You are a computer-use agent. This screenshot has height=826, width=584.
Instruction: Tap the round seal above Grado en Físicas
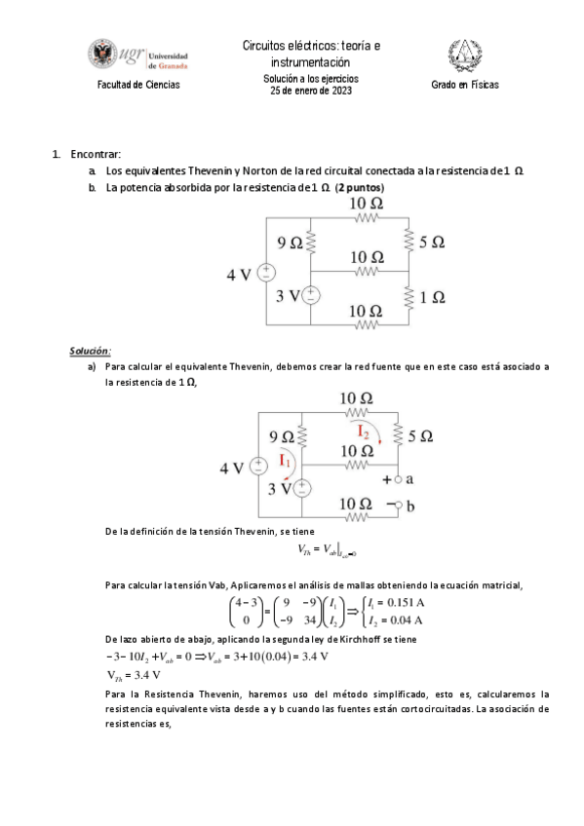464,56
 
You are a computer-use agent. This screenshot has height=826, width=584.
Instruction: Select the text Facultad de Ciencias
137,85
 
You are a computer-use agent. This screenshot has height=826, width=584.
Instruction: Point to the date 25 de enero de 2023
311,91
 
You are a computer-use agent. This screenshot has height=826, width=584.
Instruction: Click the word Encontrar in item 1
98,155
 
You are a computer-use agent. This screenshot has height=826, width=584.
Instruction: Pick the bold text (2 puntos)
360,186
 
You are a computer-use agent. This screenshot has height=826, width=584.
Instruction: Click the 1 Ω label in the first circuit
431,295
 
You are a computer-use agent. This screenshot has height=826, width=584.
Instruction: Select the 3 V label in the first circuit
287,295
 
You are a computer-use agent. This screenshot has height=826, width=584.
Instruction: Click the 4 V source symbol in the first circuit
265,274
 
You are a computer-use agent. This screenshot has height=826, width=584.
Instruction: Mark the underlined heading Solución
91,351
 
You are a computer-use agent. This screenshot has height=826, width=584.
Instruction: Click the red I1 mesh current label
288,460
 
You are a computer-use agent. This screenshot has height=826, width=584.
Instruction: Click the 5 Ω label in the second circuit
421,437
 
